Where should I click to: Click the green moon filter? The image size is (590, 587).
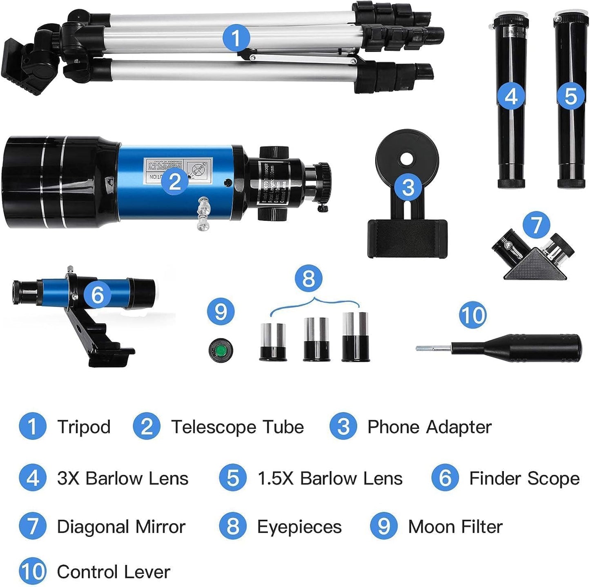(x=221, y=350)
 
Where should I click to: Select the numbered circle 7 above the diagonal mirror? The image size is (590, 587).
(x=536, y=225)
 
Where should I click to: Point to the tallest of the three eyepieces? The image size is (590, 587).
(x=355, y=337)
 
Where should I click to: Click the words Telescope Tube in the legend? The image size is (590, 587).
(x=238, y=427)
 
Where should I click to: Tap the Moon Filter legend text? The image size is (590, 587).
(x=455, y=527)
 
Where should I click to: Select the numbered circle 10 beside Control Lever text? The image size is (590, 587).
(x=32, y=571)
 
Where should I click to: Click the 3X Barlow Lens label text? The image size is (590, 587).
(x=123, y=478)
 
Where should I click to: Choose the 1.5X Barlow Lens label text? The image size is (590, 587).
(x=330, y=478)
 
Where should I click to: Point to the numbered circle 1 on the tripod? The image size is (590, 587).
(x=236, y=38)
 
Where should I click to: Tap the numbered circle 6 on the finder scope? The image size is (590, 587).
(x=98, y=295)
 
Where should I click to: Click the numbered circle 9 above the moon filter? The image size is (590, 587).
(x=220, y=312)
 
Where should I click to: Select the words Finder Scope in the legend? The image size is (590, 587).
(x=524, y=478)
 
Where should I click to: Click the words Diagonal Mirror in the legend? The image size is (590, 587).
(x=121, y=527)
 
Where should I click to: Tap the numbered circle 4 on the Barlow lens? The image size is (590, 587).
(x=511, y=97)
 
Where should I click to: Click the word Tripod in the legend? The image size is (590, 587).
(x=84, y=427)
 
